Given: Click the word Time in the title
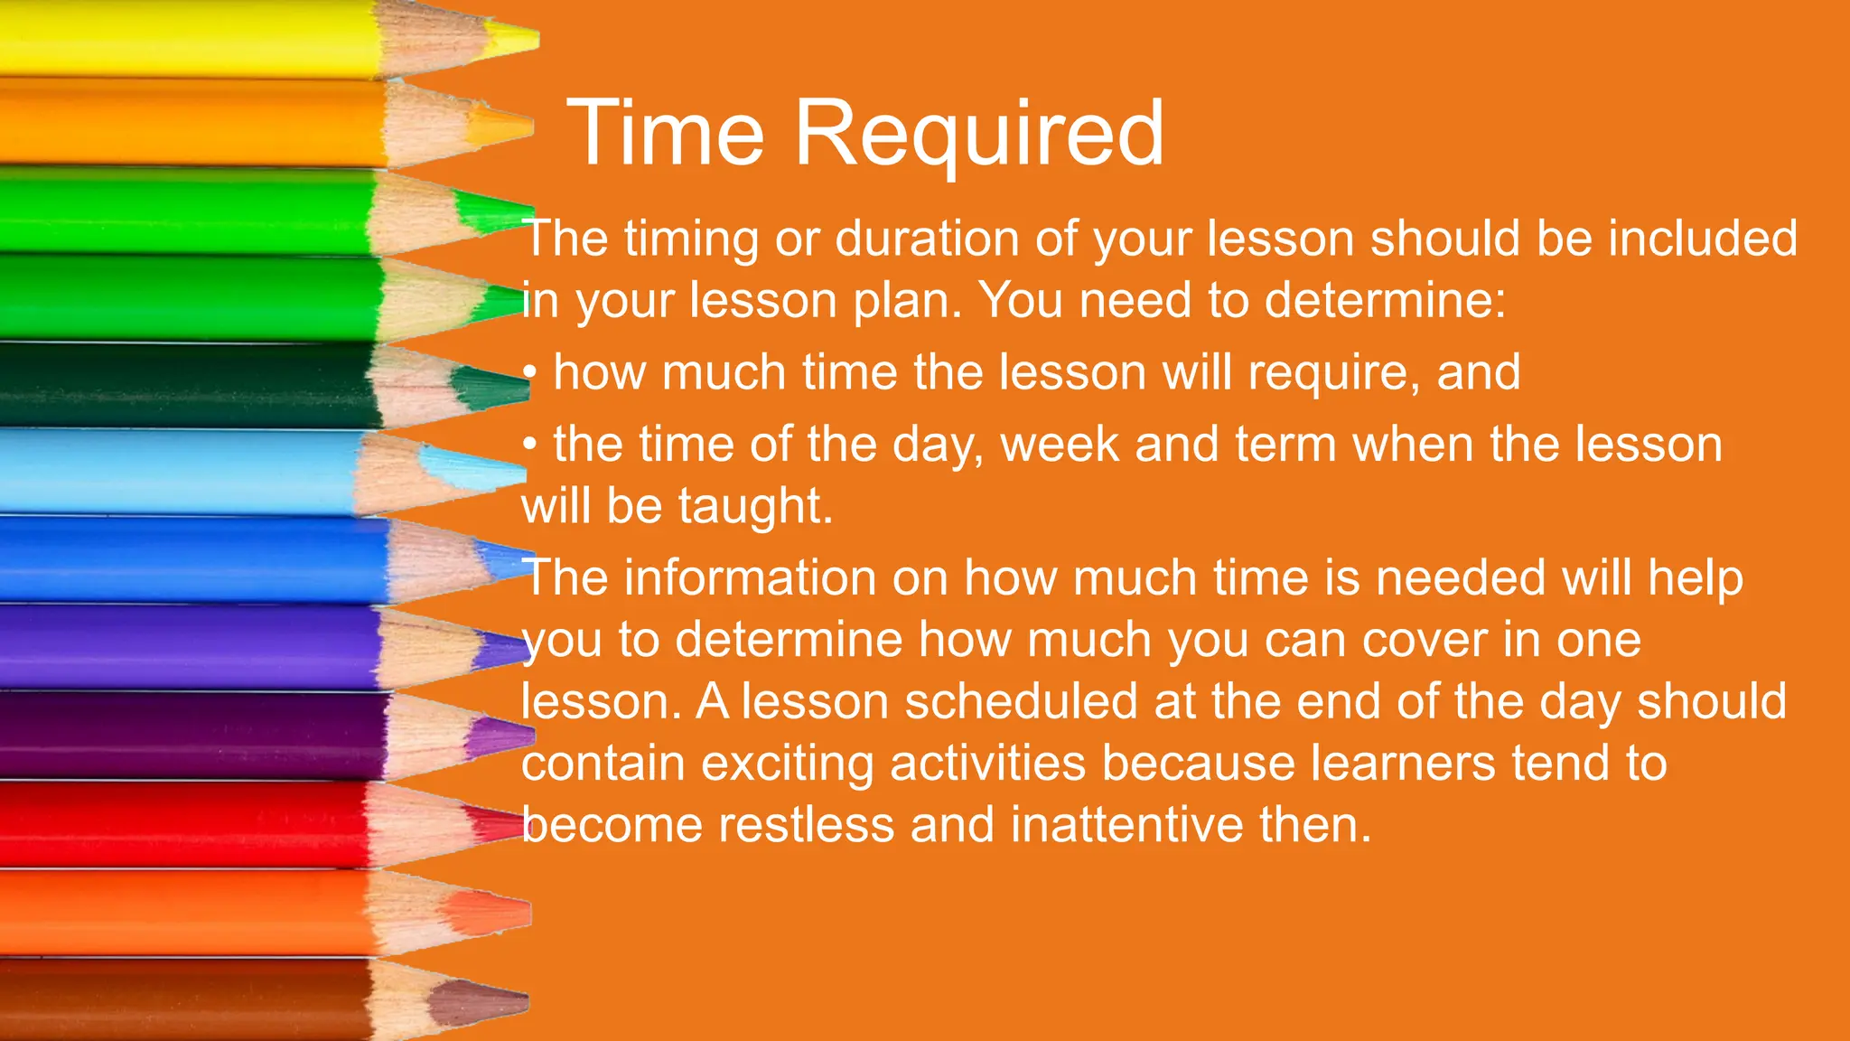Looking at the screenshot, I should (666, 134).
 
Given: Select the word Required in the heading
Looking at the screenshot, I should (979, 136).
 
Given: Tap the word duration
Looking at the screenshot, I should (927, 239).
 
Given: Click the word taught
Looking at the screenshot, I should (755, 507).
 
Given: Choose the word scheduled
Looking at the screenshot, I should (1021, 702).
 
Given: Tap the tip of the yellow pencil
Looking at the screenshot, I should (515, 39).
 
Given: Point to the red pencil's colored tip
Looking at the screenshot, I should (492, 824).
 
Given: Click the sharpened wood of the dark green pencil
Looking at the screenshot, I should (411, 385).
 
